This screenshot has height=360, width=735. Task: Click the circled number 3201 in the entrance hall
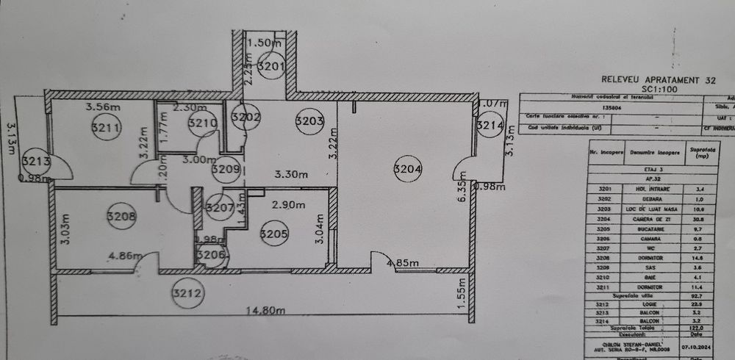271,67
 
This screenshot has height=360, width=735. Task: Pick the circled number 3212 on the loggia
186,295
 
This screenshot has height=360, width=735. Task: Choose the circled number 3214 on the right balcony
489,126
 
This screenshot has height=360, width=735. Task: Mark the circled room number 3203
309,121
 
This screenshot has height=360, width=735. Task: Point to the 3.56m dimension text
103,108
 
